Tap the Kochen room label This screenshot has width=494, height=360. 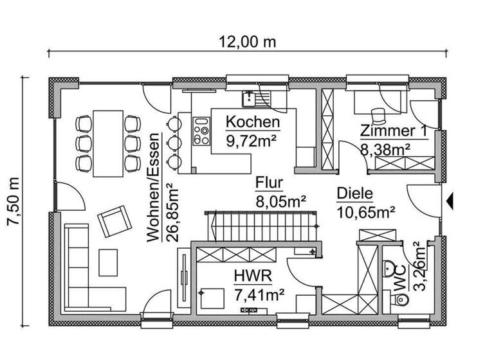pyautogui.click(x=253, y=122)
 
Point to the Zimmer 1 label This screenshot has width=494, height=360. pyautogui.click(x=393, y=131)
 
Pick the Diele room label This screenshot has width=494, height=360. pyautogui.click(x=355, y=193)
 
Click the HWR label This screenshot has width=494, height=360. pyautogui.click(x=252, y=277)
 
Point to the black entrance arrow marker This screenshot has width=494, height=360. pyautogui.click(x=450, y=201)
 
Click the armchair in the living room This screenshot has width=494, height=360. pyautogui.click(x=114, y=222)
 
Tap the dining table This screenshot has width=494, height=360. pyautogui.click(x=107, y=142)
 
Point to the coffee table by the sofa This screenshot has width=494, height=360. pyautogui.click(x=108, y=260)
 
